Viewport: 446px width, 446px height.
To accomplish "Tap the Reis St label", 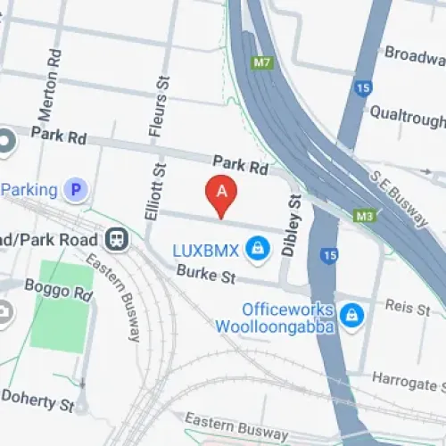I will (408, 306).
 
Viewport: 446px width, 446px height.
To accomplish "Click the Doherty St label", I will (37, 398).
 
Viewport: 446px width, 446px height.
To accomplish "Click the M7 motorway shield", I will (261, 63).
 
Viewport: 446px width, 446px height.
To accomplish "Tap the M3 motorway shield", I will (363, 216).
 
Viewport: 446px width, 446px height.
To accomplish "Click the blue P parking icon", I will (78, 189).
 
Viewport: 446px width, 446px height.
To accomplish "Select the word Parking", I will (31, 189).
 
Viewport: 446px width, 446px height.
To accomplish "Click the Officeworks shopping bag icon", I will (352, 313).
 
